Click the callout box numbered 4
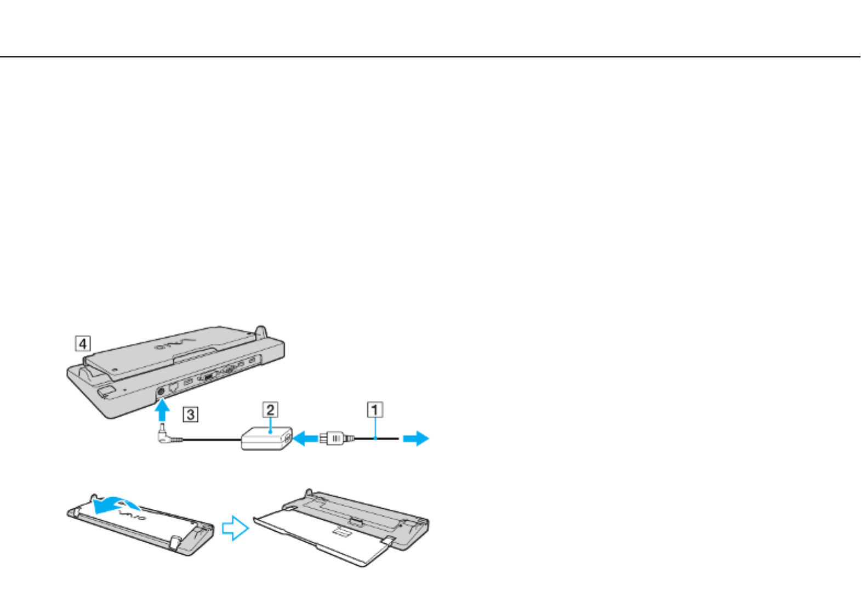coord(83,344)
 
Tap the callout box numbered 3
coord(190,414)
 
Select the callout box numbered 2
coord(270,410)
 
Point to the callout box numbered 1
coord(375,410)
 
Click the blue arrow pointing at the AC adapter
coord(305,438)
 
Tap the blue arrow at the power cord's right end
coord(416,438)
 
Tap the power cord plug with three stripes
coord(334,439)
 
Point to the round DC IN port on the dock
coord(161,391)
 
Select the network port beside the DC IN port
coord(174,387)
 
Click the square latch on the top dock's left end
coord(106,392)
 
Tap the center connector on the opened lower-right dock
coord(355,520)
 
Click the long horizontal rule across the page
coord(430,56)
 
